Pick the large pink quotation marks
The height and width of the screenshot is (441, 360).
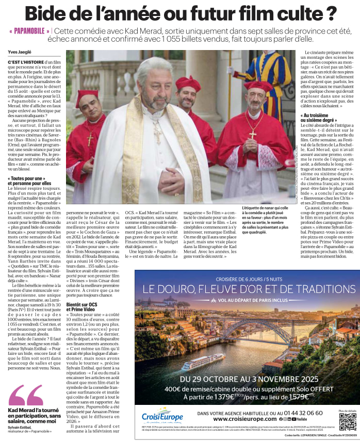(x=26, y=395)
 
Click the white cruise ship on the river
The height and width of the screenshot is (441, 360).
(x=203, y=361)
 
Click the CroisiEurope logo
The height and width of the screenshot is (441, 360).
(x=162, y=416)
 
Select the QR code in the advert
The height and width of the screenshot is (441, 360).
(x=347, y=420)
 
